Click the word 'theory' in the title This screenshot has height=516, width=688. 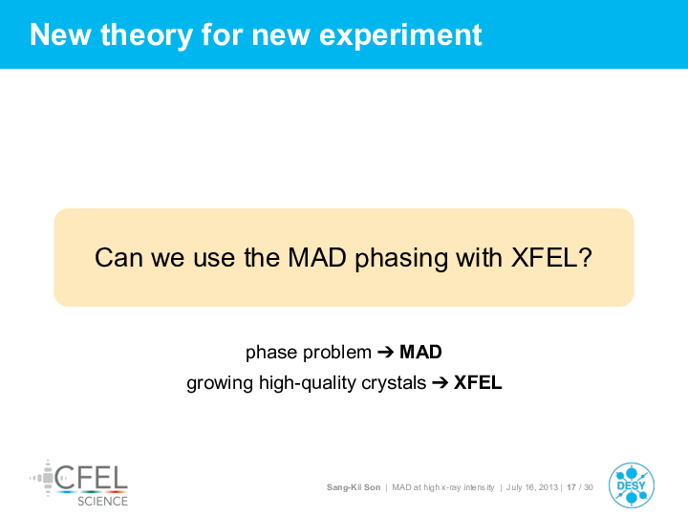point(146,35)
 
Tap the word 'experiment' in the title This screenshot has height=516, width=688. point(400,35)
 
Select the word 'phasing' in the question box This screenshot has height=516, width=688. point(401,258)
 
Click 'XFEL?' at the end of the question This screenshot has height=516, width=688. point(551,257)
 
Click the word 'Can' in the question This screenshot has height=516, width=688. point(118,257)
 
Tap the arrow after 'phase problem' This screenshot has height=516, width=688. point(386,352)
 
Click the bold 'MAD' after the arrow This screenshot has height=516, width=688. point(420,352)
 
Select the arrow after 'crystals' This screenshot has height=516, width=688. point(441,383)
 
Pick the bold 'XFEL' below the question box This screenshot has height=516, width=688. point(478,382)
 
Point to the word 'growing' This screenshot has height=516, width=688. point(220,384)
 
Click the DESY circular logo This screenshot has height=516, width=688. point(632,485)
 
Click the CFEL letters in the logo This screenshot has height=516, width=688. point(92,478)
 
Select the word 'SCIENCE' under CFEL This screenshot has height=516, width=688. point(102,501)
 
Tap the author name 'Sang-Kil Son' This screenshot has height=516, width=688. point(354,487)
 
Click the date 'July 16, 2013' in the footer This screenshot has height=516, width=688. point(532,487)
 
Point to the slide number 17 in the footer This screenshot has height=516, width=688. point(571,487)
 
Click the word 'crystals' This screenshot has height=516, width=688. point(394,383)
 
